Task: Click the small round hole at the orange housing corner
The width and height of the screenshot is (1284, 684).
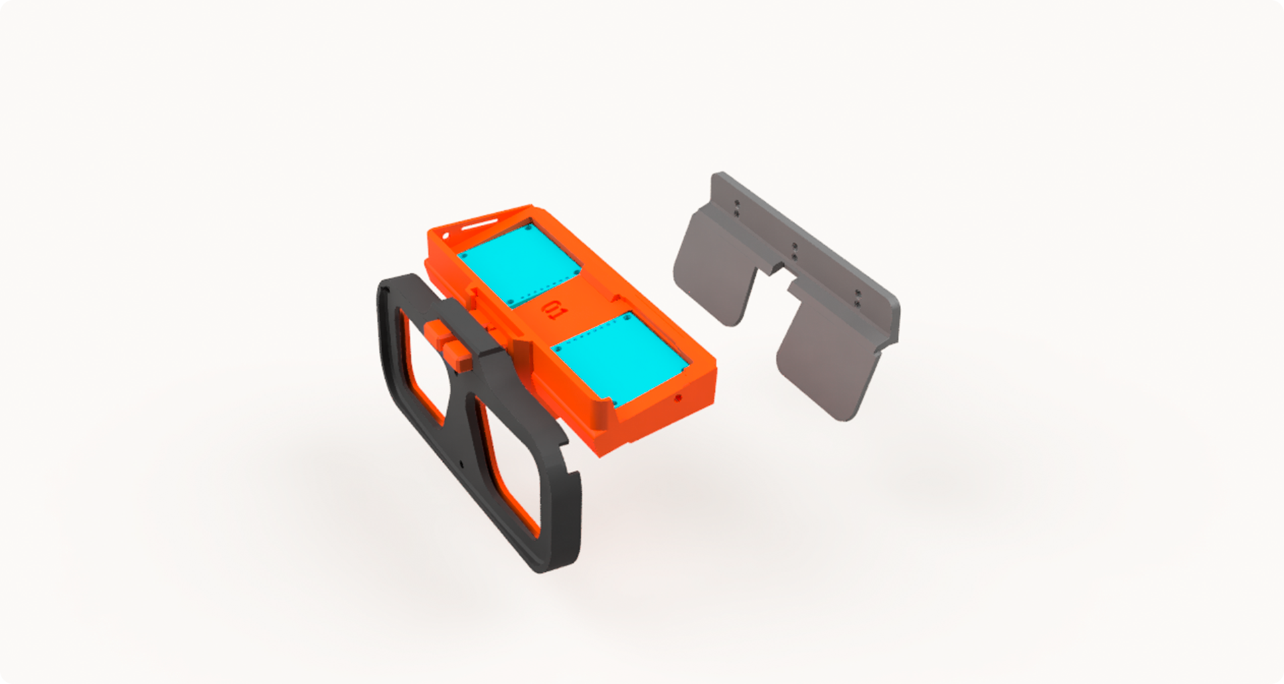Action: point(445,235)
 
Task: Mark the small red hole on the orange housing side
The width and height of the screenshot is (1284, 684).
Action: point(678,398)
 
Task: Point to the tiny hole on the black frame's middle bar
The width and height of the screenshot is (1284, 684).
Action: point(461,464)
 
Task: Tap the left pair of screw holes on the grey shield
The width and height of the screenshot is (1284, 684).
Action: point(736,208)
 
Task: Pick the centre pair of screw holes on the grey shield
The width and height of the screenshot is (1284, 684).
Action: point(794,251)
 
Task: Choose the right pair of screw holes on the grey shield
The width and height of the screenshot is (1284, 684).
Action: point(858,298)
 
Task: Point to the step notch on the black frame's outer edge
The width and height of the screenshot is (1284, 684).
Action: point(574,473)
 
